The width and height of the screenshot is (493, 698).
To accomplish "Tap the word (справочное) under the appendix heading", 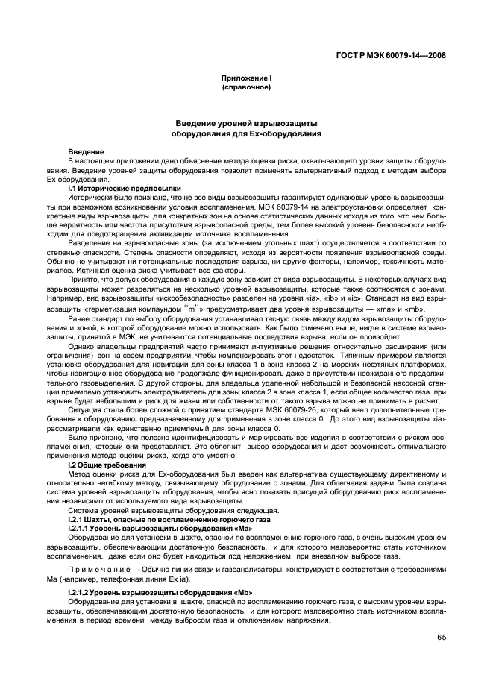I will (x=246, y=87).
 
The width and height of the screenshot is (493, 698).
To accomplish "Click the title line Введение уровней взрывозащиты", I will (x=246, y=124).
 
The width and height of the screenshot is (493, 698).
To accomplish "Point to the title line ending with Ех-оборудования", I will (x=246, y=135).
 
